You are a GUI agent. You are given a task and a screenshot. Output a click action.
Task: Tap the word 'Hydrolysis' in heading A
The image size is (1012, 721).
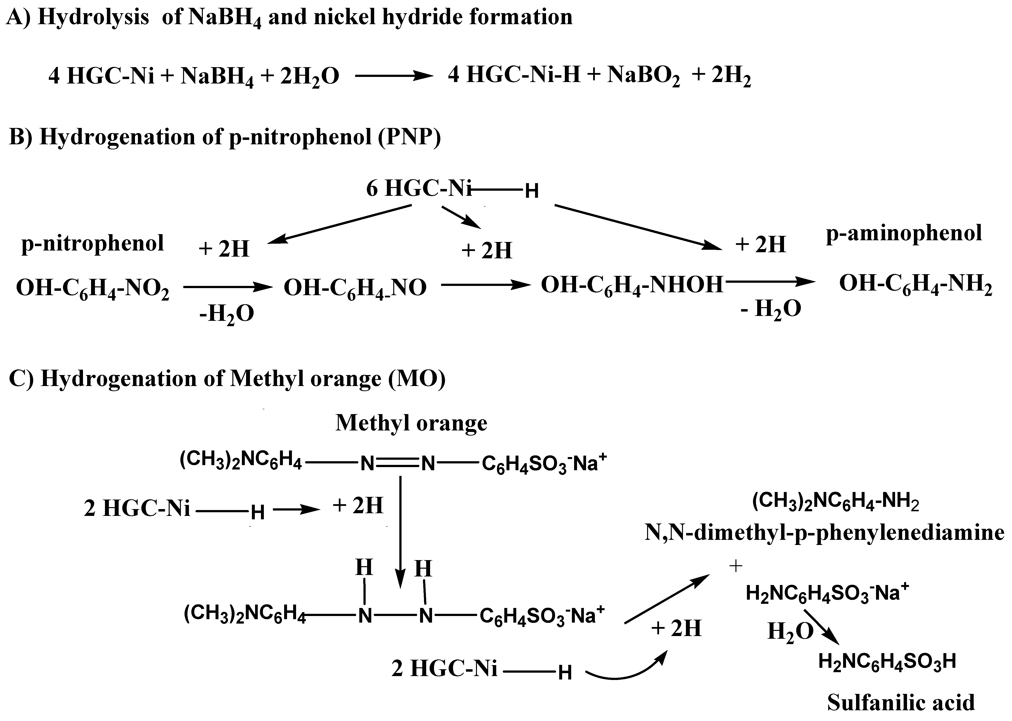93,17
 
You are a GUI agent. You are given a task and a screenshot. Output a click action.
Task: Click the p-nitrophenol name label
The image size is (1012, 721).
92,243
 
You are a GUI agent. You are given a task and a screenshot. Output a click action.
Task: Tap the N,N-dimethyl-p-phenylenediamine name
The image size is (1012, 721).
824,532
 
